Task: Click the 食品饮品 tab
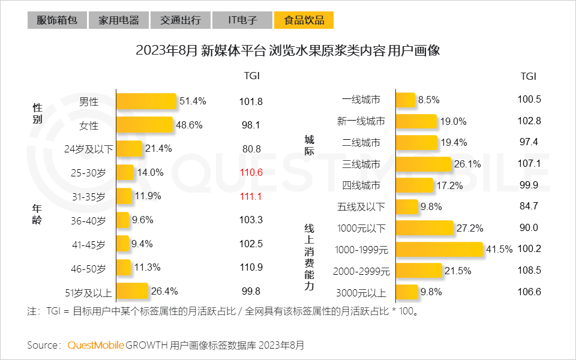304,20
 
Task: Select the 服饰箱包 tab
57,20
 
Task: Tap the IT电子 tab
242,20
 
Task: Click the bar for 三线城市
423,164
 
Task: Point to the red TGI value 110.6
251,173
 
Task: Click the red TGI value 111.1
251,197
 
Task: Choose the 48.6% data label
190,125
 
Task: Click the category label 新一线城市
361,122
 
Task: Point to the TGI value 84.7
529,207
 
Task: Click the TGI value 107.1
529,164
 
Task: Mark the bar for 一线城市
406,100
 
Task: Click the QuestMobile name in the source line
95,345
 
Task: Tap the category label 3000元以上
361,293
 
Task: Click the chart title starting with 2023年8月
288,51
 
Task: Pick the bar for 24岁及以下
129,149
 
